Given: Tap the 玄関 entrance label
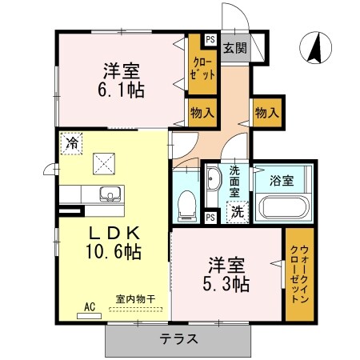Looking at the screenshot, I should point(235,48).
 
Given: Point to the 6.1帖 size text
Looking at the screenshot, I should point(122,90).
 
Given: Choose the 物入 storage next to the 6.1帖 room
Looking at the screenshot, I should point(201,112).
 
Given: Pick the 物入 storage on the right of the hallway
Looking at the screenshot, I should point(266,112).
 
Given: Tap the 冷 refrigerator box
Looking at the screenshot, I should point(73,144).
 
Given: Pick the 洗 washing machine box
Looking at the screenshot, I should point(237,212).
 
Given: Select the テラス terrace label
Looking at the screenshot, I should point(179,338).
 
